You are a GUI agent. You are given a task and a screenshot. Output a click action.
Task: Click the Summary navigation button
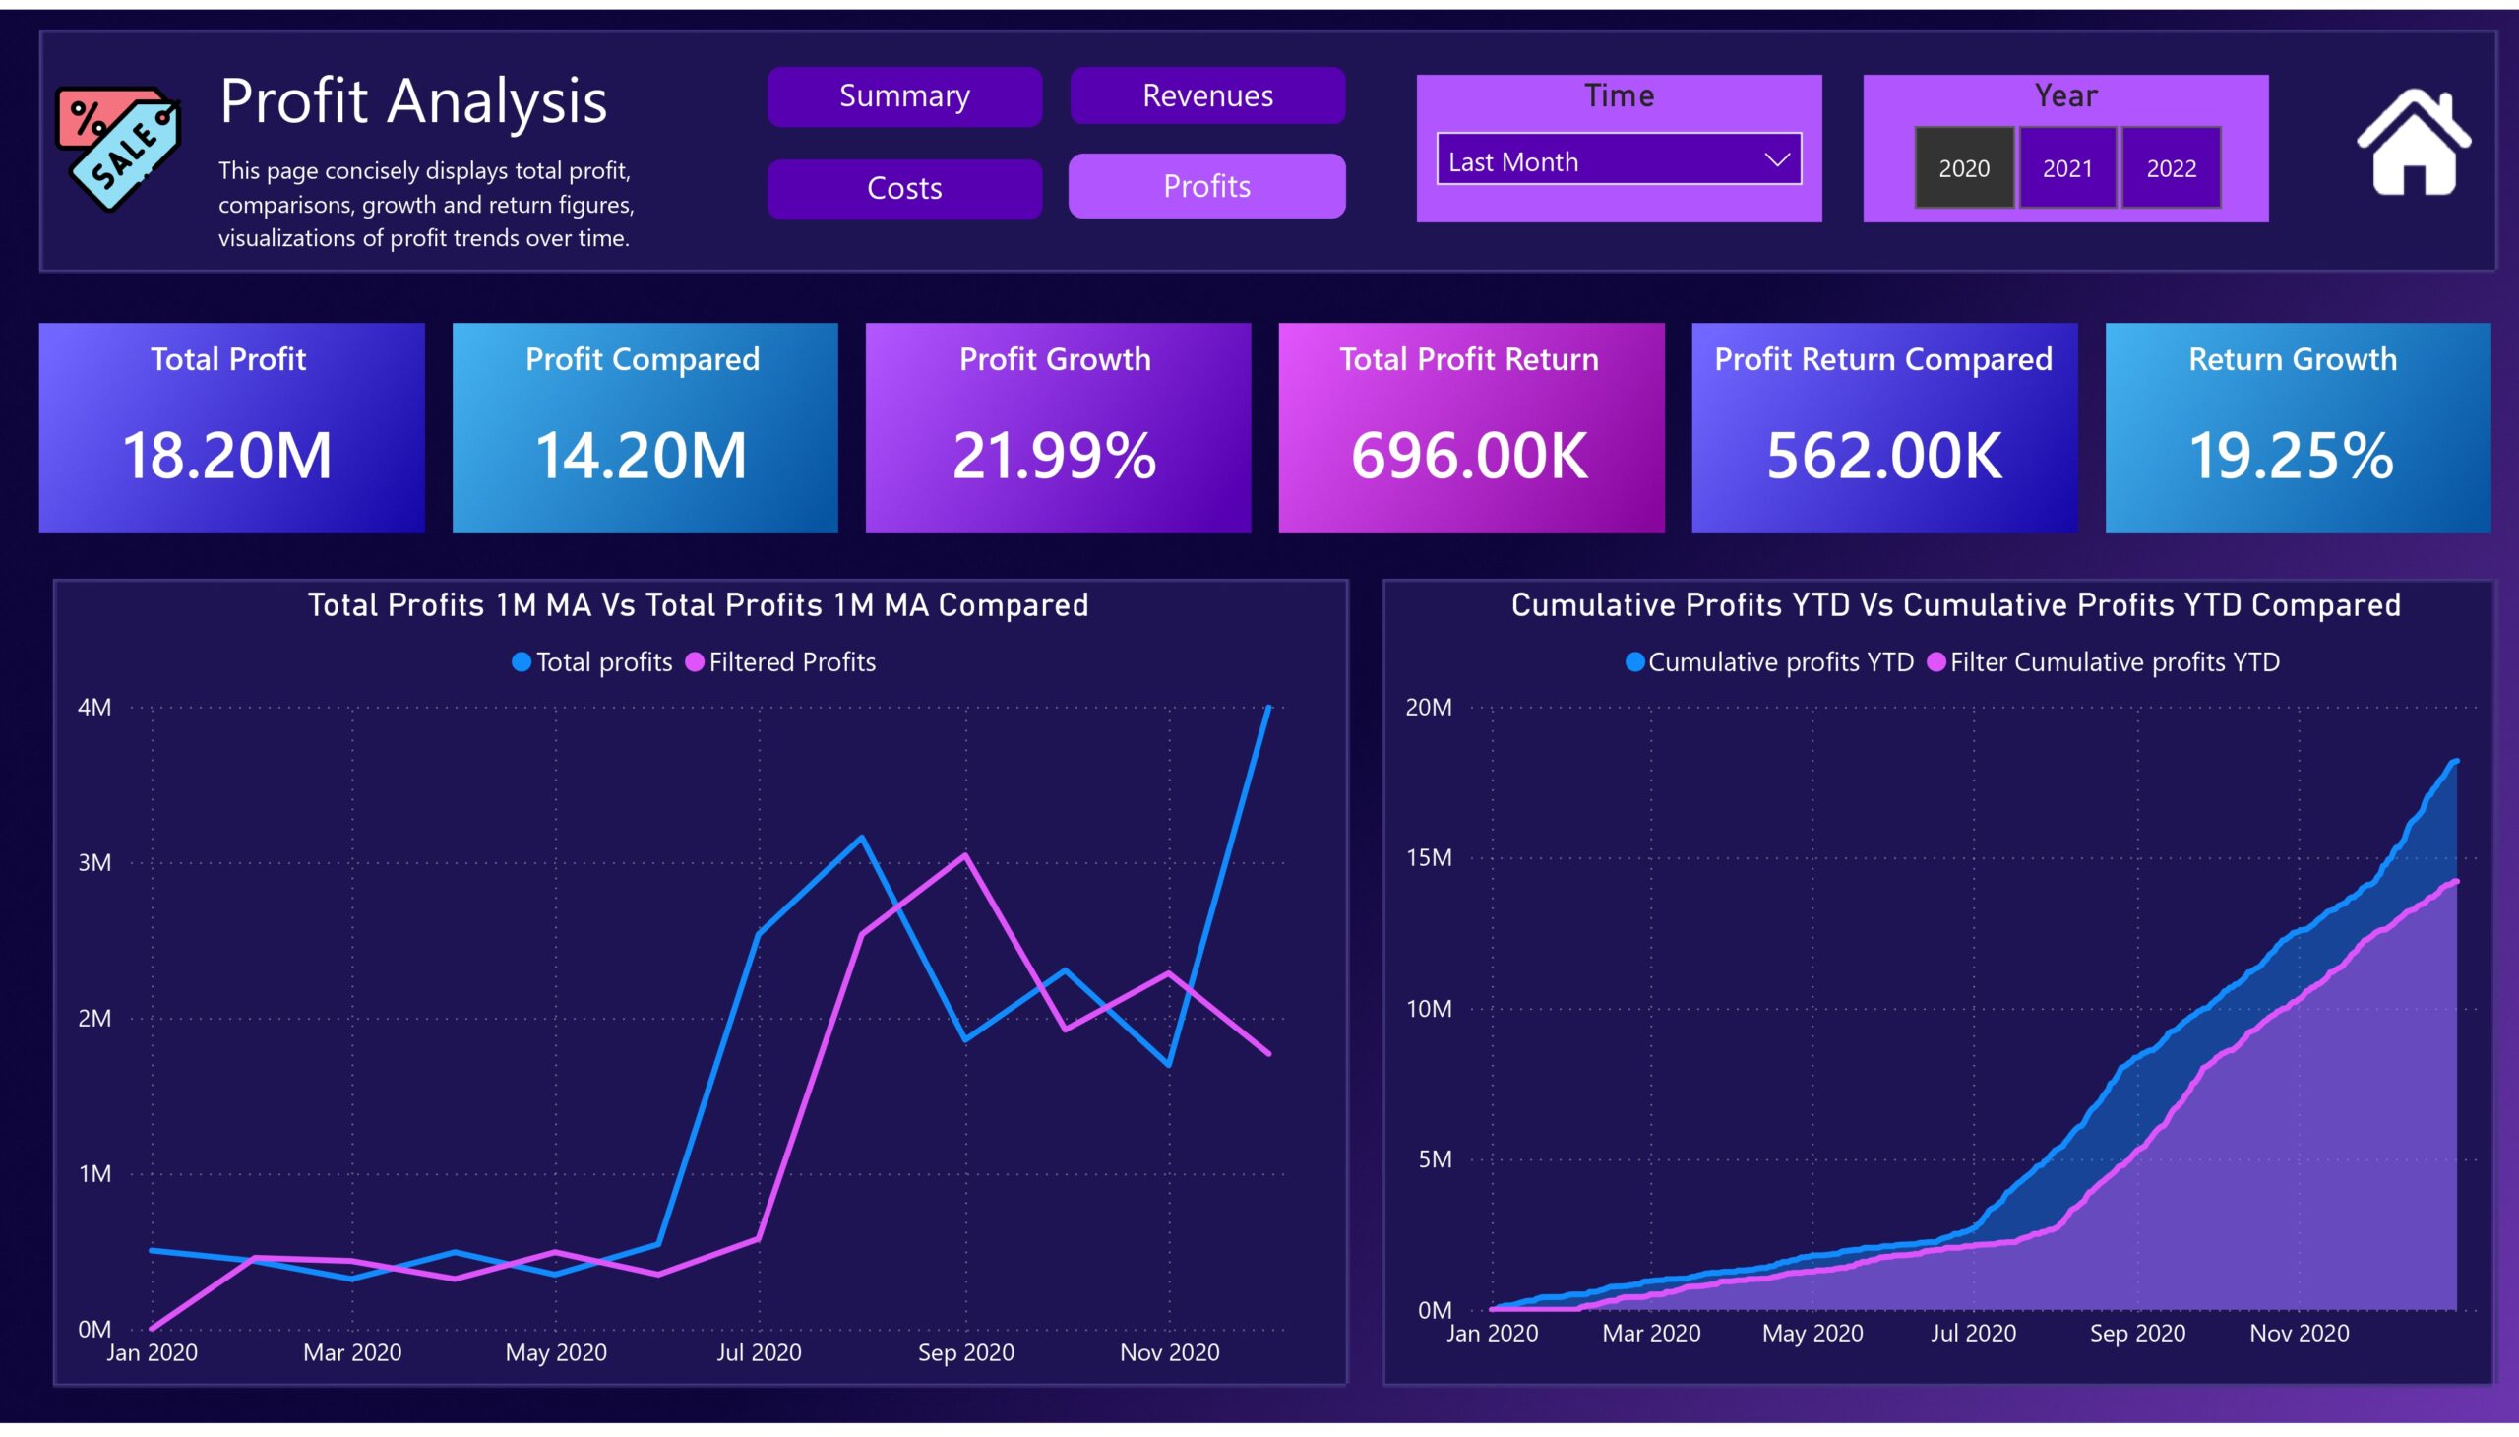click(x=904, y=96)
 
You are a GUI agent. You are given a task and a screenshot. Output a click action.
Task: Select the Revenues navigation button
click(x=1206, y=95)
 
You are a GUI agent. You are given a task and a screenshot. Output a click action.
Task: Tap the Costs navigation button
click(x=904, y=189)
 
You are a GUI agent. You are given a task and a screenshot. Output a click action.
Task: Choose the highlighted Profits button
click(x=1206, y=186)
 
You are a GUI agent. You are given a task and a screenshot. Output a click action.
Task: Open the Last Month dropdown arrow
click(x=1777, y=159)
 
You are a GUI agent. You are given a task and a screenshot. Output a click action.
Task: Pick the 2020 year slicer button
click(x=1963, y=167)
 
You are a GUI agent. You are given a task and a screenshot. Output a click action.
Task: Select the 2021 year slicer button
click(x=2067, y=167)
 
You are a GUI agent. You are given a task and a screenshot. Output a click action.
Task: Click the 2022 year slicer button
click(x=2171, y=167)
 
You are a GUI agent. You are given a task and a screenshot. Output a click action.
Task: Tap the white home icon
click(x=2415, y=142)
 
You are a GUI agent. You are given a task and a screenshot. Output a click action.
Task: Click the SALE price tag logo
click(x=118, y=148)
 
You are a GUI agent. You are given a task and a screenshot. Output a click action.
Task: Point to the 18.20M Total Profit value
click(x=227, y=456)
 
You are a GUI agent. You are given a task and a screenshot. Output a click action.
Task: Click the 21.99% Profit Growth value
click(x=1055, y=456)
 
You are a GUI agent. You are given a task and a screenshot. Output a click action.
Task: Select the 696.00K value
click(x=1469, y=456)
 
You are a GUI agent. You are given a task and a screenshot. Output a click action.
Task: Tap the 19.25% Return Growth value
click(x=2291, y=456)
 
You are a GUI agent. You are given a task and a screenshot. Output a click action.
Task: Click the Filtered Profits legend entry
click(x=780, y=662)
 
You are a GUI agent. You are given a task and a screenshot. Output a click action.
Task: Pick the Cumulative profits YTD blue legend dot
click(x=1635, y=662)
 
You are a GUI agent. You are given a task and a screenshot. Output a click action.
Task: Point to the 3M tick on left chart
click(x=94, y=862)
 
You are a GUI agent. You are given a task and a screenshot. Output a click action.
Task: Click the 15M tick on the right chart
click(x=1429, y=857)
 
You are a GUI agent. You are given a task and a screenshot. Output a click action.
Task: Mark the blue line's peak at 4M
click(x=1269, y=708)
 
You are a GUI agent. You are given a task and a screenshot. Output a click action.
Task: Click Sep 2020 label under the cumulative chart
click(x=2137, y=1334)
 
